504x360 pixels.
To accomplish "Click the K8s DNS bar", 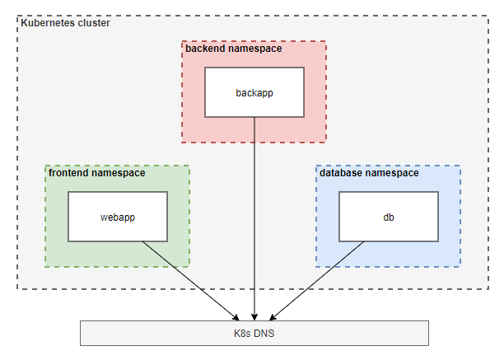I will (254, 333).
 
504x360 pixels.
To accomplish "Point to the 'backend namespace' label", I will (233, 49).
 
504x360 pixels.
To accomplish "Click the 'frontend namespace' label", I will (96, 174).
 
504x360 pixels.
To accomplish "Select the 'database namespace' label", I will (369, 174).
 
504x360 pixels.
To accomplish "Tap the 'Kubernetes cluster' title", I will (65, 22).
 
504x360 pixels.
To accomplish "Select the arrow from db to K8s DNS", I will (317, 279).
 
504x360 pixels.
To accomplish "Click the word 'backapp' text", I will (254, 92).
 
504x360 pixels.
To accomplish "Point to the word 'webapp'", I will (118, 217).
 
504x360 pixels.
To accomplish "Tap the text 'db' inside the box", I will (389, 217).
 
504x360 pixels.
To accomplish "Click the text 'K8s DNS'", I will (254, 333).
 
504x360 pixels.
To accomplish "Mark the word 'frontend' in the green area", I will (69, 174).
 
